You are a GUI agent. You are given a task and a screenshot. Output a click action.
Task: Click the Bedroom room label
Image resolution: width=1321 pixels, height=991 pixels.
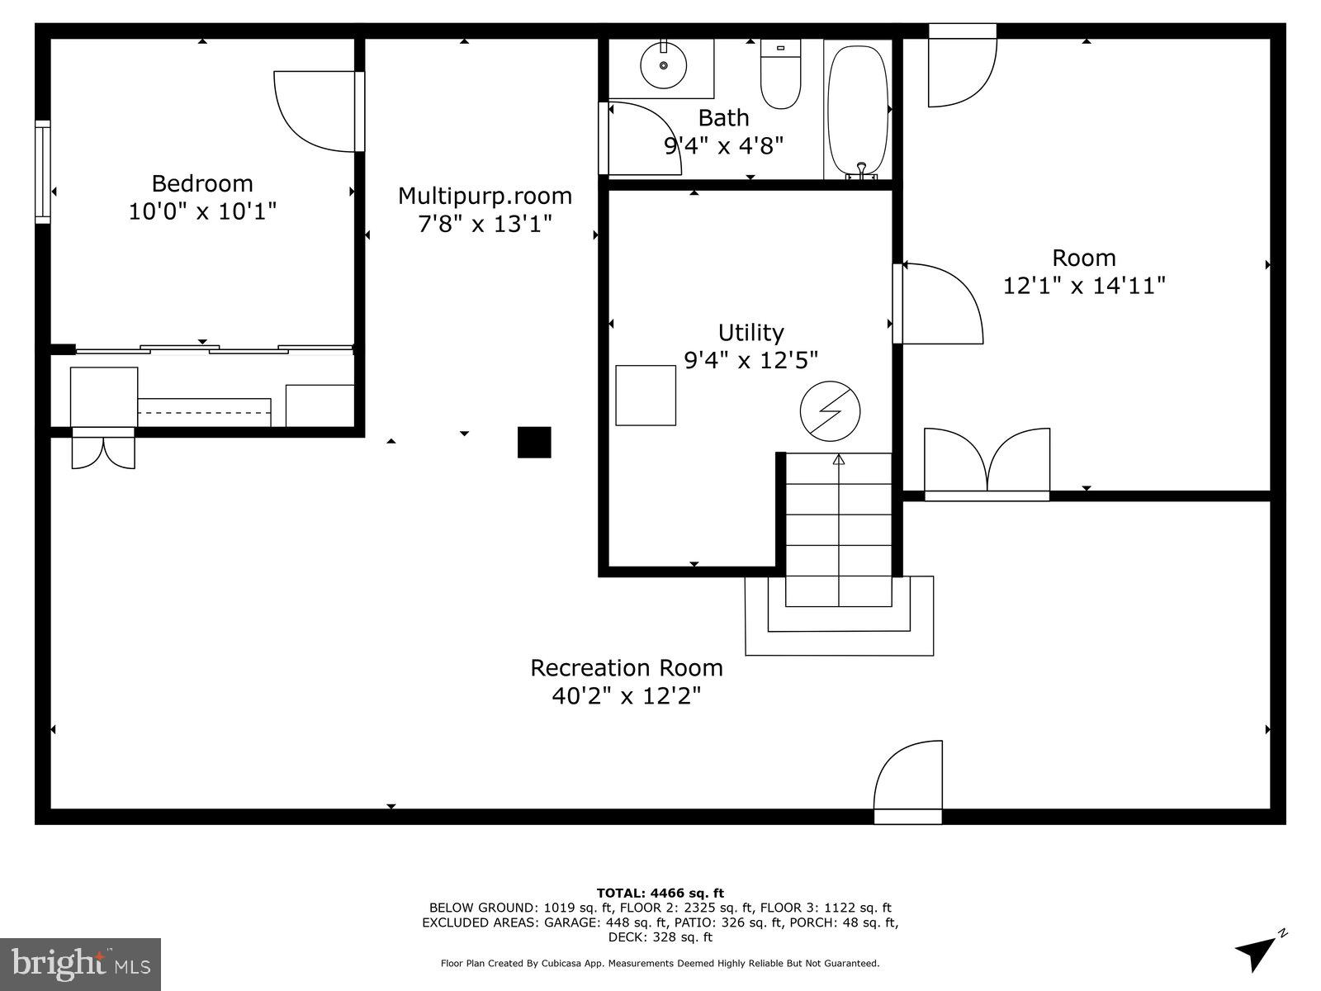click(201, 183)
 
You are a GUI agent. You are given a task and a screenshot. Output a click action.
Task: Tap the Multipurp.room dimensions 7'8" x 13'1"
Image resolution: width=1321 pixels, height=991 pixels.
click(485, 224)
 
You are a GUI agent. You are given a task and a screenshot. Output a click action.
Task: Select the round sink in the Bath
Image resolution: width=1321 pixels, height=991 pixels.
click(663, 64)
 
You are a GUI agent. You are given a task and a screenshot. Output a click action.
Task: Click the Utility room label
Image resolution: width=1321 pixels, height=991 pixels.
click(750, 333)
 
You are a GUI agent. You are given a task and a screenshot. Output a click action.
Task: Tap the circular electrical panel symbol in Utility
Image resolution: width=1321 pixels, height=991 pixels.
click(830, 411)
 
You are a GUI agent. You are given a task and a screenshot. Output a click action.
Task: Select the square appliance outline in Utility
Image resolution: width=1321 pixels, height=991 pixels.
click(646, 395)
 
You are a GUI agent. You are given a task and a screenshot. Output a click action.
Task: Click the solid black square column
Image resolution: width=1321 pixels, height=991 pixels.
click(533, 442)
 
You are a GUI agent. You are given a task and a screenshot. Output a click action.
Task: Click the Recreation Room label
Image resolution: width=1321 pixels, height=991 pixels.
click(626, 667)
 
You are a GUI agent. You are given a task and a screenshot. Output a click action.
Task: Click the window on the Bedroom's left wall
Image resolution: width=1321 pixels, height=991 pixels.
click(42, 172)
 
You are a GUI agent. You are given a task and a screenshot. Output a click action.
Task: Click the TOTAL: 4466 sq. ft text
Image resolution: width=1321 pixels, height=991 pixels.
click(660, 893)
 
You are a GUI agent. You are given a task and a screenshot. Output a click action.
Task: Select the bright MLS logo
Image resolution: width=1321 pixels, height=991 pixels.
click(81, 963)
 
